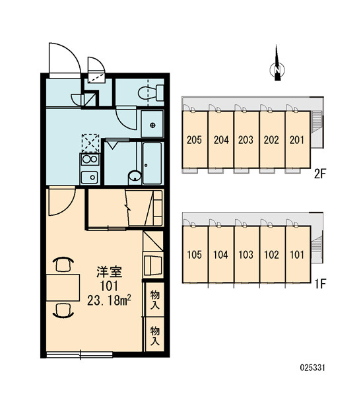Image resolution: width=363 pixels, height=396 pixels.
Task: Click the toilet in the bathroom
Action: pyautogui.click(x=151, y=92)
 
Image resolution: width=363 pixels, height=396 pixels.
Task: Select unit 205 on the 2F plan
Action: pyautogui.click(x=195, y=139)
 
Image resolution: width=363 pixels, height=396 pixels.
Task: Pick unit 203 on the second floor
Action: pyautogui.click(x=246, y=139)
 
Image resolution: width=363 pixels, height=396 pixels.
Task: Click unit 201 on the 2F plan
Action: pyautogui.click(x=297, y=139)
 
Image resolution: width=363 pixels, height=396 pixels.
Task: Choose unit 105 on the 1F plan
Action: pyautogui.click(x=195, y=254)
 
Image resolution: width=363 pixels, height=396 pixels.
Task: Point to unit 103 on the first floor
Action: pyautogui.click(x=246, y=254)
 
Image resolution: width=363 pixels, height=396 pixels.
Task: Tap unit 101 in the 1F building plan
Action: pyautogui.click(x=298, y=254)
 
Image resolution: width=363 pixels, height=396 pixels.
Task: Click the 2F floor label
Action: pyautogui.click(x=320, y=174)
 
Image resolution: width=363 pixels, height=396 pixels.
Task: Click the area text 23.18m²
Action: pyautogui.click(x=109, y=300)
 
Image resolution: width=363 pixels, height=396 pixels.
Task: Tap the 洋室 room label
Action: pyautogui.click(x=110, y=272)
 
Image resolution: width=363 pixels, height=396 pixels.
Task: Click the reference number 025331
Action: pyautogui.click(x=312, y=368)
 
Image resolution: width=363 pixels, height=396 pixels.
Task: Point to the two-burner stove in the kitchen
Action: pyautogui.click(x=90, y=159)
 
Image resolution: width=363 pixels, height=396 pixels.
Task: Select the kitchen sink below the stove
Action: pyautogui.click(x=89, y=178)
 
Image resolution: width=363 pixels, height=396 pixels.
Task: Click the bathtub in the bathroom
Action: pyautogui.click(x=152, y=163)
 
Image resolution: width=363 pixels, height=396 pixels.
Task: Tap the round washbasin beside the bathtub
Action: pyautogui.click(x=135, y=176)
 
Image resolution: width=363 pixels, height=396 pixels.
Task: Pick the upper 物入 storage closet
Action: pyautogui.click(x=155, y=300)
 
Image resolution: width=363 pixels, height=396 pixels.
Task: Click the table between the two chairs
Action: pyautogui.click(x=63, y=287)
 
